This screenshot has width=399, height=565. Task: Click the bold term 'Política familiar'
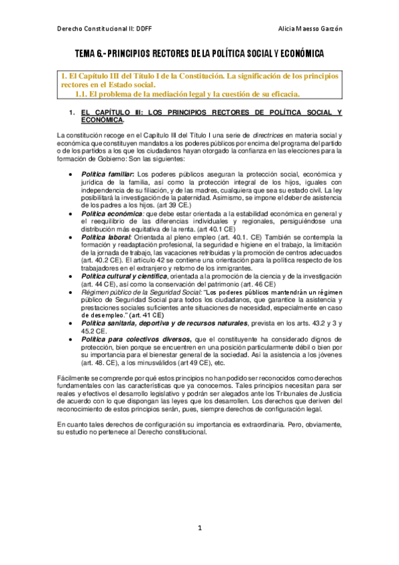click(107, 174)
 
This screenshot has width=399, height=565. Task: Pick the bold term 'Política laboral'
click(105, 237)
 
